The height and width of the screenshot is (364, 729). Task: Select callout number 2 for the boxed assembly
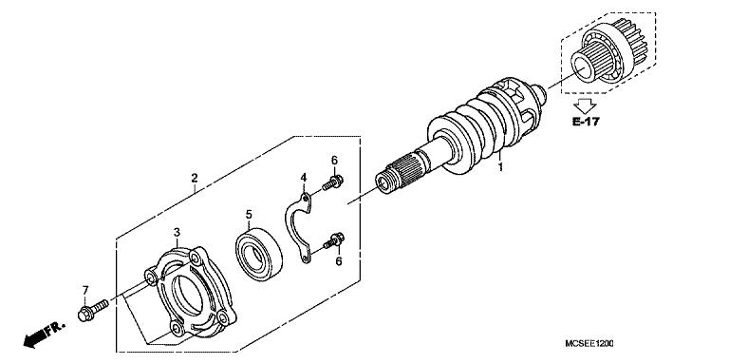[x=194, y=178]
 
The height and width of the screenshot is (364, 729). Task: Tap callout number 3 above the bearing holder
[x=177, y=232]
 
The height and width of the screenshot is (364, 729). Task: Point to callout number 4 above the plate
[x=304, y=178]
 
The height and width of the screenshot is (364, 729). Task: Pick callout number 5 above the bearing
[x=248, y=214]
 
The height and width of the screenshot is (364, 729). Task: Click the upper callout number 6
[x=334, y=159]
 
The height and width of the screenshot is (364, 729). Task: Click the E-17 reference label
[x=586, y=123]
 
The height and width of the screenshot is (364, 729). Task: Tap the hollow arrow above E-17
[x=586, y=104]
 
